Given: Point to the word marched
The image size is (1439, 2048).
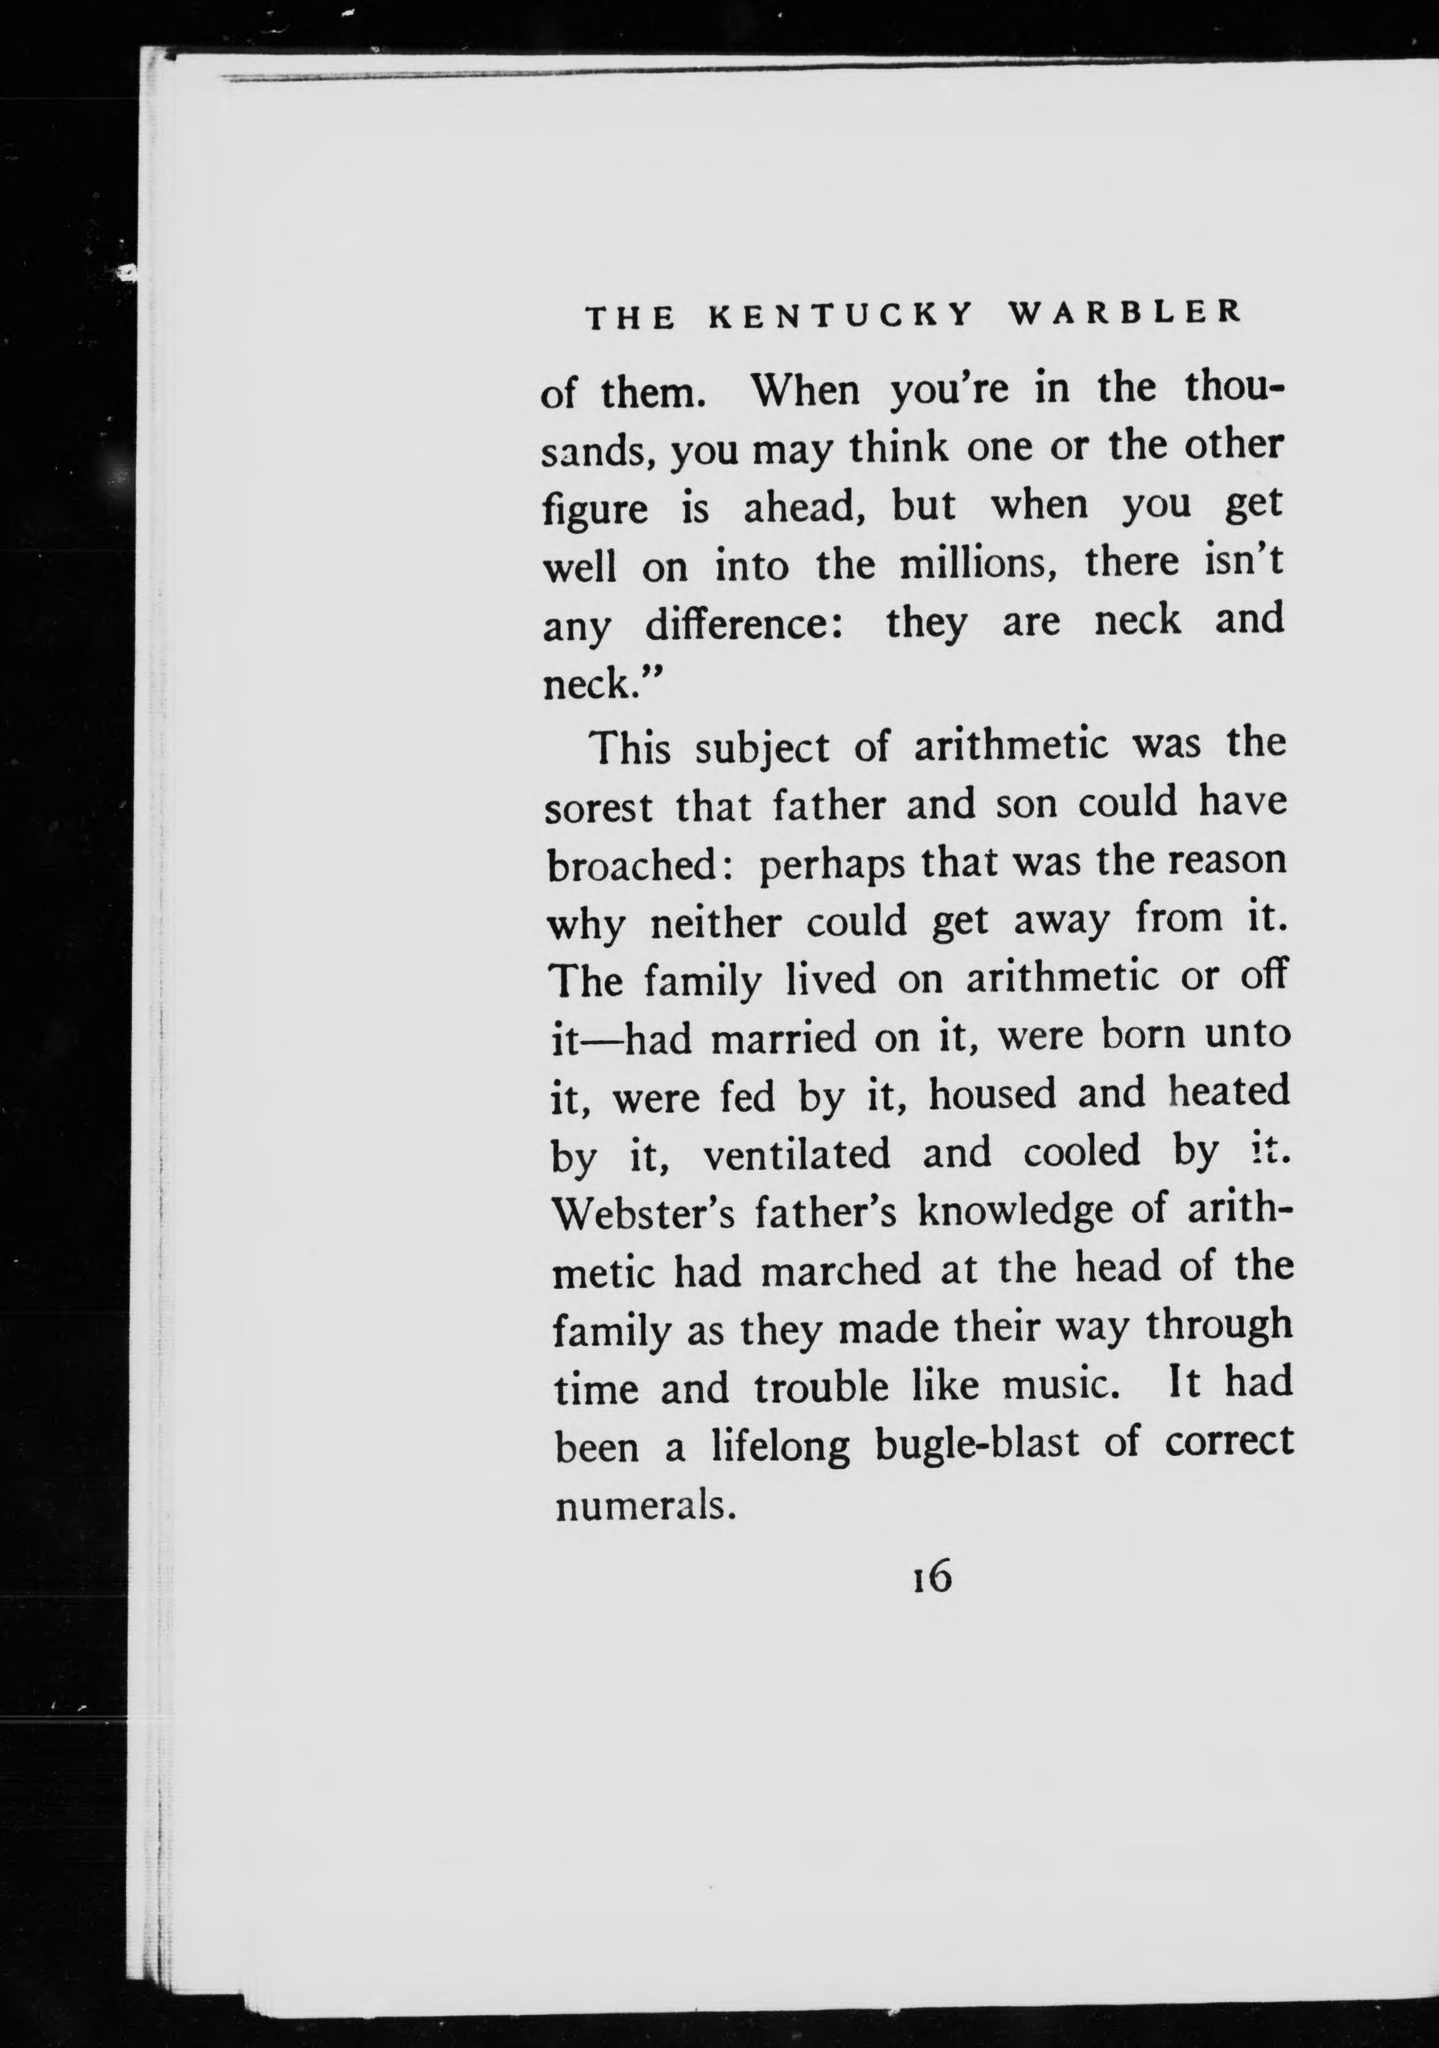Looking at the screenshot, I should click(x=841, y=1270).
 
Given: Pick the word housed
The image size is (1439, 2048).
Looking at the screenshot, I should click(x=992, y=1096).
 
